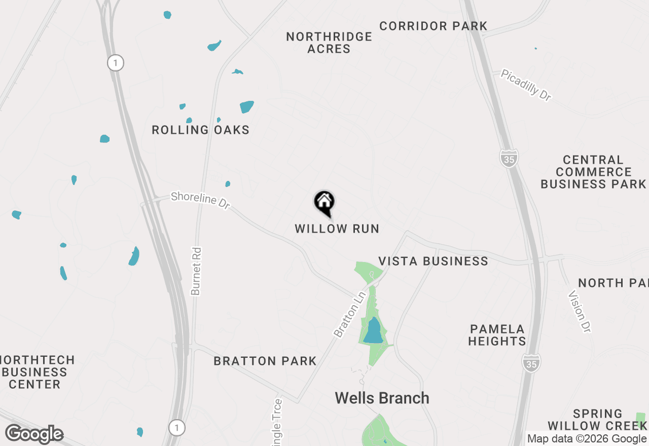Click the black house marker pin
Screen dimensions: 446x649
pyautogui.click(x=324, y=203)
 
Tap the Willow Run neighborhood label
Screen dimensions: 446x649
pyautogui.click(x=337, y=229)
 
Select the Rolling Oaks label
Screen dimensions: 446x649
pyautogui.click(x=201, y=130)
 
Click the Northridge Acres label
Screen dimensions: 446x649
pyautogui.click(x=329, y=43)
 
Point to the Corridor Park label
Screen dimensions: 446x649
pyautogui.click(x=434, y=26)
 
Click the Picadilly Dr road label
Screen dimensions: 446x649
pyautogui.click(x=526, y=85)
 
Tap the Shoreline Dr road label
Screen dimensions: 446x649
pyautogui.click(x=200, y=199)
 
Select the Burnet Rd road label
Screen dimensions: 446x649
pyautogui.click(x=196, y=271)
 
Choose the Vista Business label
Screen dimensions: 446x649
pyautogui.click(x=434, y=261)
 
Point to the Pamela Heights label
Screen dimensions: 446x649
pyautogui.click(x=497, y=335)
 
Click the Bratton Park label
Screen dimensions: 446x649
pyautogui.click(x=265, y=361)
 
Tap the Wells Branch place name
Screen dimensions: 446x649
pyautogui.click(x=382, y=398)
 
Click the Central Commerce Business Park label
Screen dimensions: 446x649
pyautogui.click(x=593, y=172)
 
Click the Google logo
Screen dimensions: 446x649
pyautogui.click(x=34, y=434)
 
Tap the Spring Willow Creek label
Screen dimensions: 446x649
pyautogui.click(x=597, y=420)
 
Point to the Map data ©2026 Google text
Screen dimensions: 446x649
pyautogui.click(x=587, y=439)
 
